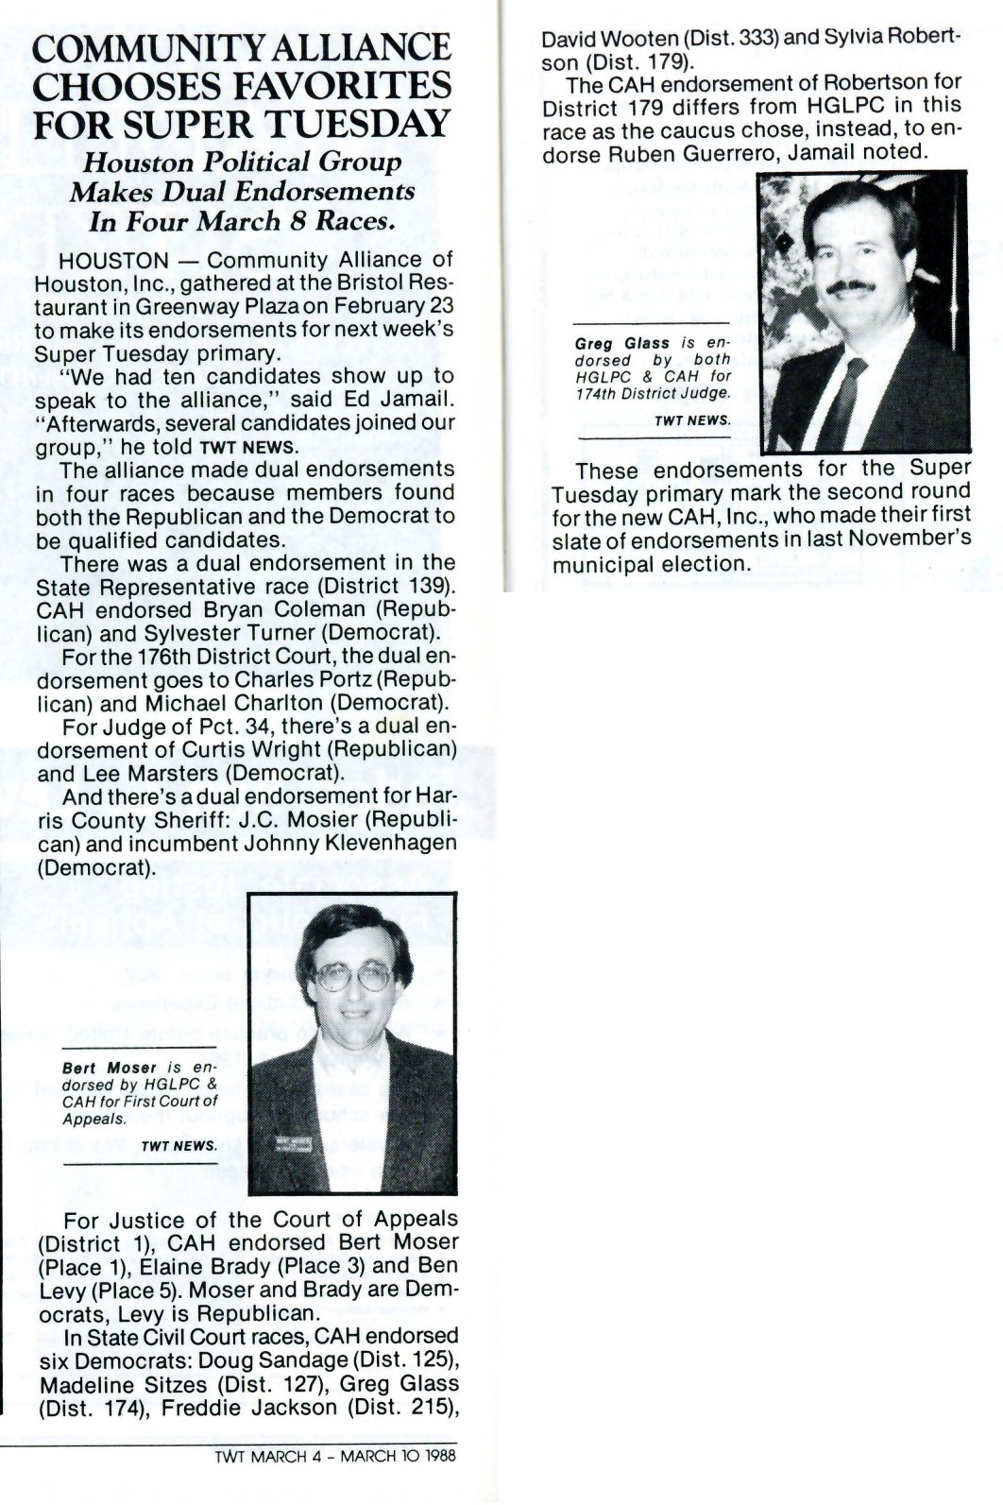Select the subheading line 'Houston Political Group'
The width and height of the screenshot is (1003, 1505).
pyautogui.click(x=243, y=162)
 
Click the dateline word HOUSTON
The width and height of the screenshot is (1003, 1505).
pyautogui.click(x=113, y=260)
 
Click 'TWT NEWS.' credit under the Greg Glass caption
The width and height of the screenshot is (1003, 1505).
pyautogui.click(x=692, y=420)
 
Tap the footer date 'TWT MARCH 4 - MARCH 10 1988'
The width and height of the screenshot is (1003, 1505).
pyautogui.click(x=335, y=1455)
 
